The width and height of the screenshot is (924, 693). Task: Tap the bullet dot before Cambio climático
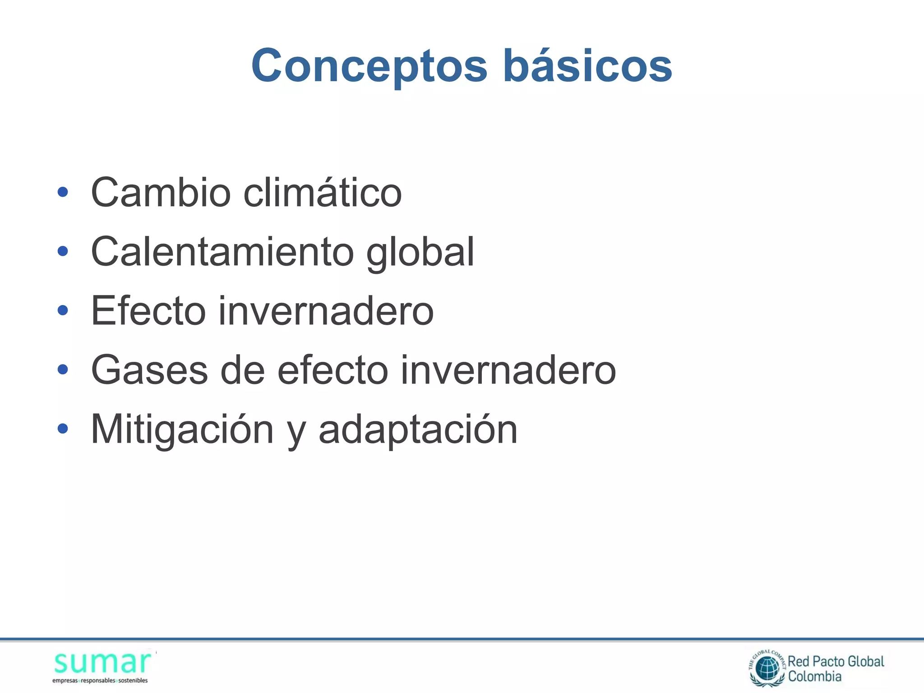pos(63,192)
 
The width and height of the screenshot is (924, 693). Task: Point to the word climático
pos(323,192)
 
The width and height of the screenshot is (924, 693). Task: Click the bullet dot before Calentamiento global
pos(63,251)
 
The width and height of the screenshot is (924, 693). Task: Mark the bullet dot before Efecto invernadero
pos(63,310)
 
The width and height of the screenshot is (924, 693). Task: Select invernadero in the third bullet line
pos(326,310)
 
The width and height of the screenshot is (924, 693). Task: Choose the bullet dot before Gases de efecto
pos(63,370)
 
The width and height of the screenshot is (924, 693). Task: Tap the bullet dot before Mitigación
pos(63,429)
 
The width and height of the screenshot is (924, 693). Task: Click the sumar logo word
pos(102,662)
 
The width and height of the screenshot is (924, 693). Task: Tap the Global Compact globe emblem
pos(767,668)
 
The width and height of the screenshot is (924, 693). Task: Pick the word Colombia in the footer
pos(814,676)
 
